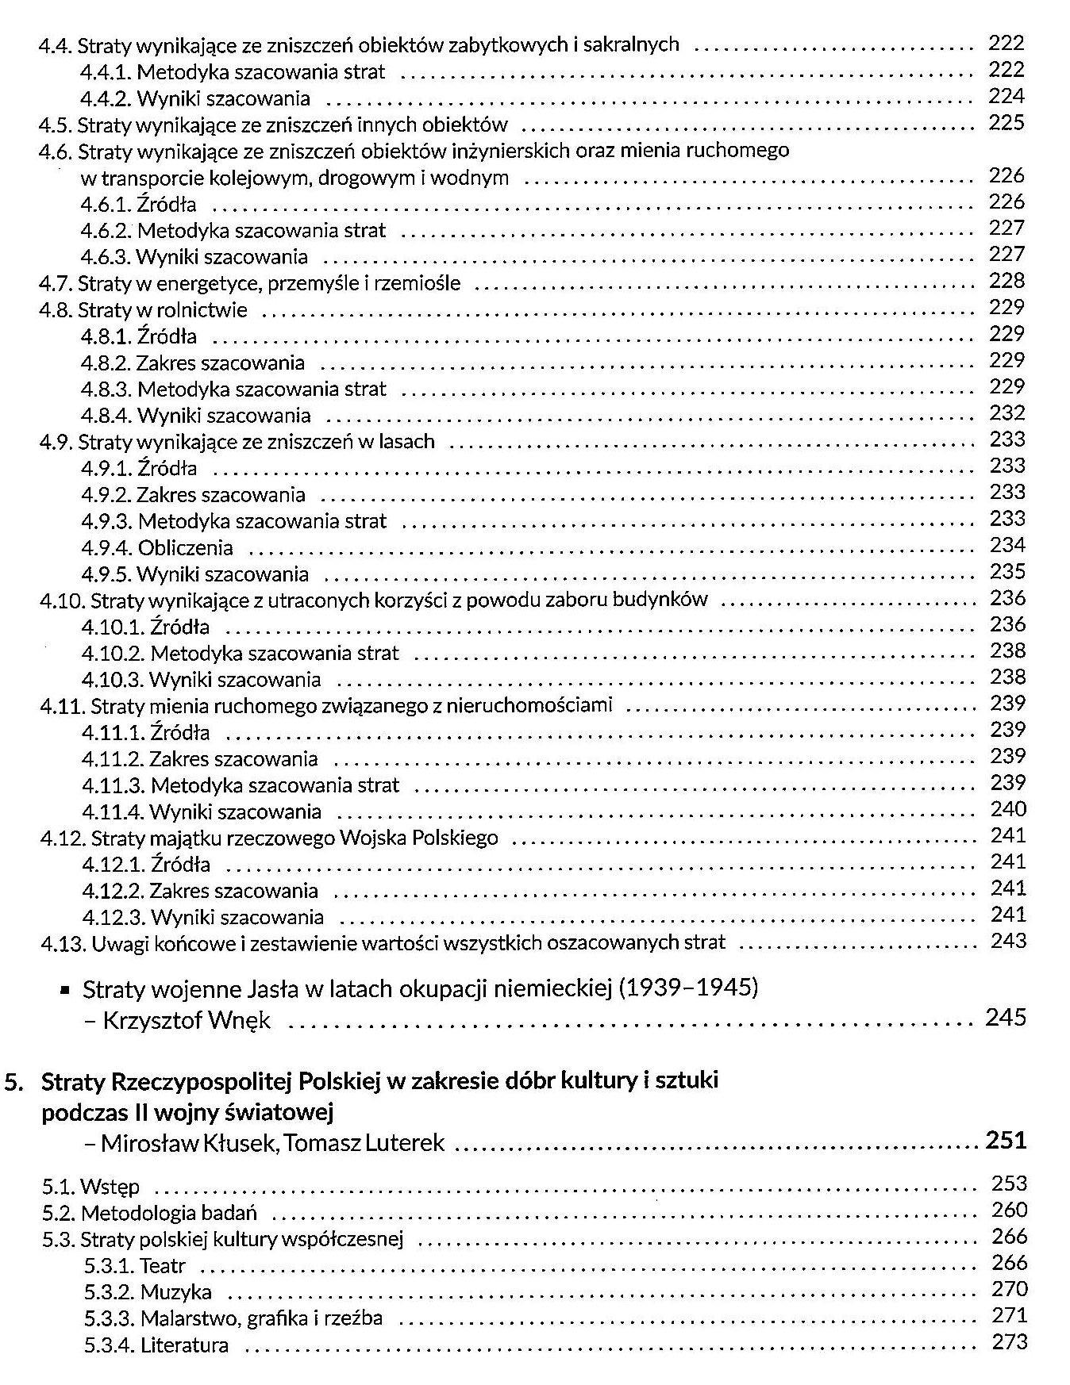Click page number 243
coord(1008,941)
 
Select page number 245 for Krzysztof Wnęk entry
coord(1006,1017)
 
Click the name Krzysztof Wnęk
coord(187,1020)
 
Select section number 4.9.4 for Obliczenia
coord(106,548)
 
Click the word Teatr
coord(163,1266)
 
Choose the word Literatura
coord(184,1345)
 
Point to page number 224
coord(1006,96)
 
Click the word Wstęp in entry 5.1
coord(110,1187)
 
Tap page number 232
coord(1007,412)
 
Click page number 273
coord(1010,1342)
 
